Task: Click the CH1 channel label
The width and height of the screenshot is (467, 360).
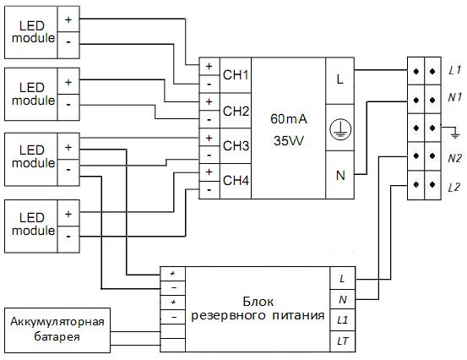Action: click(x=236, y=75)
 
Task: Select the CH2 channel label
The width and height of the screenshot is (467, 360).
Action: click(x=236, y=112)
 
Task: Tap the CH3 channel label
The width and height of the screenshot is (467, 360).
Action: click(x=236, y=145)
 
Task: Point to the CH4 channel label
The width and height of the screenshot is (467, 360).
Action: click(x=236, y=180)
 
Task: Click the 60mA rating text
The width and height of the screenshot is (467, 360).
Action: click(x=289, y=119)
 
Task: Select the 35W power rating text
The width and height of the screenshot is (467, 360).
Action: click(x=289, y=140)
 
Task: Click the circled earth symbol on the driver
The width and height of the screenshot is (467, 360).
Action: click(x=340, y=129)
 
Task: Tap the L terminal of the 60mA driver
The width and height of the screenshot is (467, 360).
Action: click(x=339, y=79)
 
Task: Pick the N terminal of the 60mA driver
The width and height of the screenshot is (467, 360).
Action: click(x=340, y=175)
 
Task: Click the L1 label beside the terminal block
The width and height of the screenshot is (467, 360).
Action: click(x=454, y=70)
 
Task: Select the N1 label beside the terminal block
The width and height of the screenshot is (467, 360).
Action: click(x=454, y=97)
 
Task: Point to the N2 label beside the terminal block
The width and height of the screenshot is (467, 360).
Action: click(x=454, y=158)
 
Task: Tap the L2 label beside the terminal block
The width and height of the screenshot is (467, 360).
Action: click(x=454, y=187)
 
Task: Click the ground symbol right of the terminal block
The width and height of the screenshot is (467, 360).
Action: click(x=454, y=133)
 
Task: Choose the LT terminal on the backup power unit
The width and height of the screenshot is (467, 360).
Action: click(x=343, y=341)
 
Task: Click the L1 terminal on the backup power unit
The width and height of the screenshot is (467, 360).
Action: click(x=343, y=320)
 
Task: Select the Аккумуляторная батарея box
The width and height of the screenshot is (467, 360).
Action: click(x=57, y=330)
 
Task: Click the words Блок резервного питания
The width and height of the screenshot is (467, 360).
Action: click(x=258, y=308)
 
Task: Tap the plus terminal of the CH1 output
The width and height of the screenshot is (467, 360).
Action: click(x=209, y=66)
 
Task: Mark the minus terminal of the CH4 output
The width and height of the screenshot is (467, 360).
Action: click(x=209, y=190)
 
